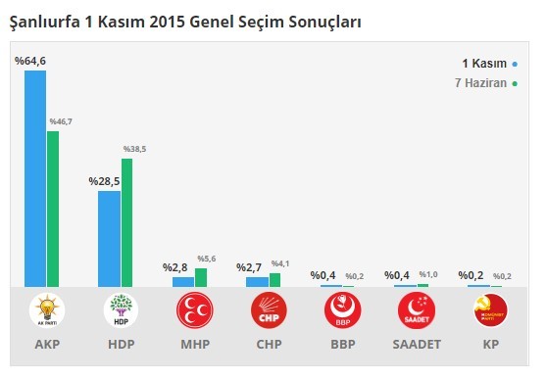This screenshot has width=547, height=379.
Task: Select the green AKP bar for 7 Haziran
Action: [x=54, y=209]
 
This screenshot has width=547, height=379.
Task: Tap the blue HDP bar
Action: [x=109, y=238]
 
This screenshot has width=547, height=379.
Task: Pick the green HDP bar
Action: [x=127, y=222]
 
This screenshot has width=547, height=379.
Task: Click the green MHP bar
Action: [x=201, y=277]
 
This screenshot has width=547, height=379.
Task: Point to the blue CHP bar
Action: [x=256, y=282]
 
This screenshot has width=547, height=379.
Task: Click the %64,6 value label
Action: [x=30, y=62]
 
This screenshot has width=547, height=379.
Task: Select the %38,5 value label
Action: [x=134, y=149]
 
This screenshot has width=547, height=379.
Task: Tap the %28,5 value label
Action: [x=104, y=181]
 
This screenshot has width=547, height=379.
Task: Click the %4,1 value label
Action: [x=281, y=263]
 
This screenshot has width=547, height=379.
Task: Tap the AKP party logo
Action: [x=46, y=310]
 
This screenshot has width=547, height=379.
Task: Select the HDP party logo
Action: [x=121, y=310]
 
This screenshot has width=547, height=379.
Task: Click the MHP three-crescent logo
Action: [x=194, y=310]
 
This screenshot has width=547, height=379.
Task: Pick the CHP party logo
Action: [x=268, y=310]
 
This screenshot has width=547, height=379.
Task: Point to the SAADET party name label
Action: [x=415, y=346]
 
